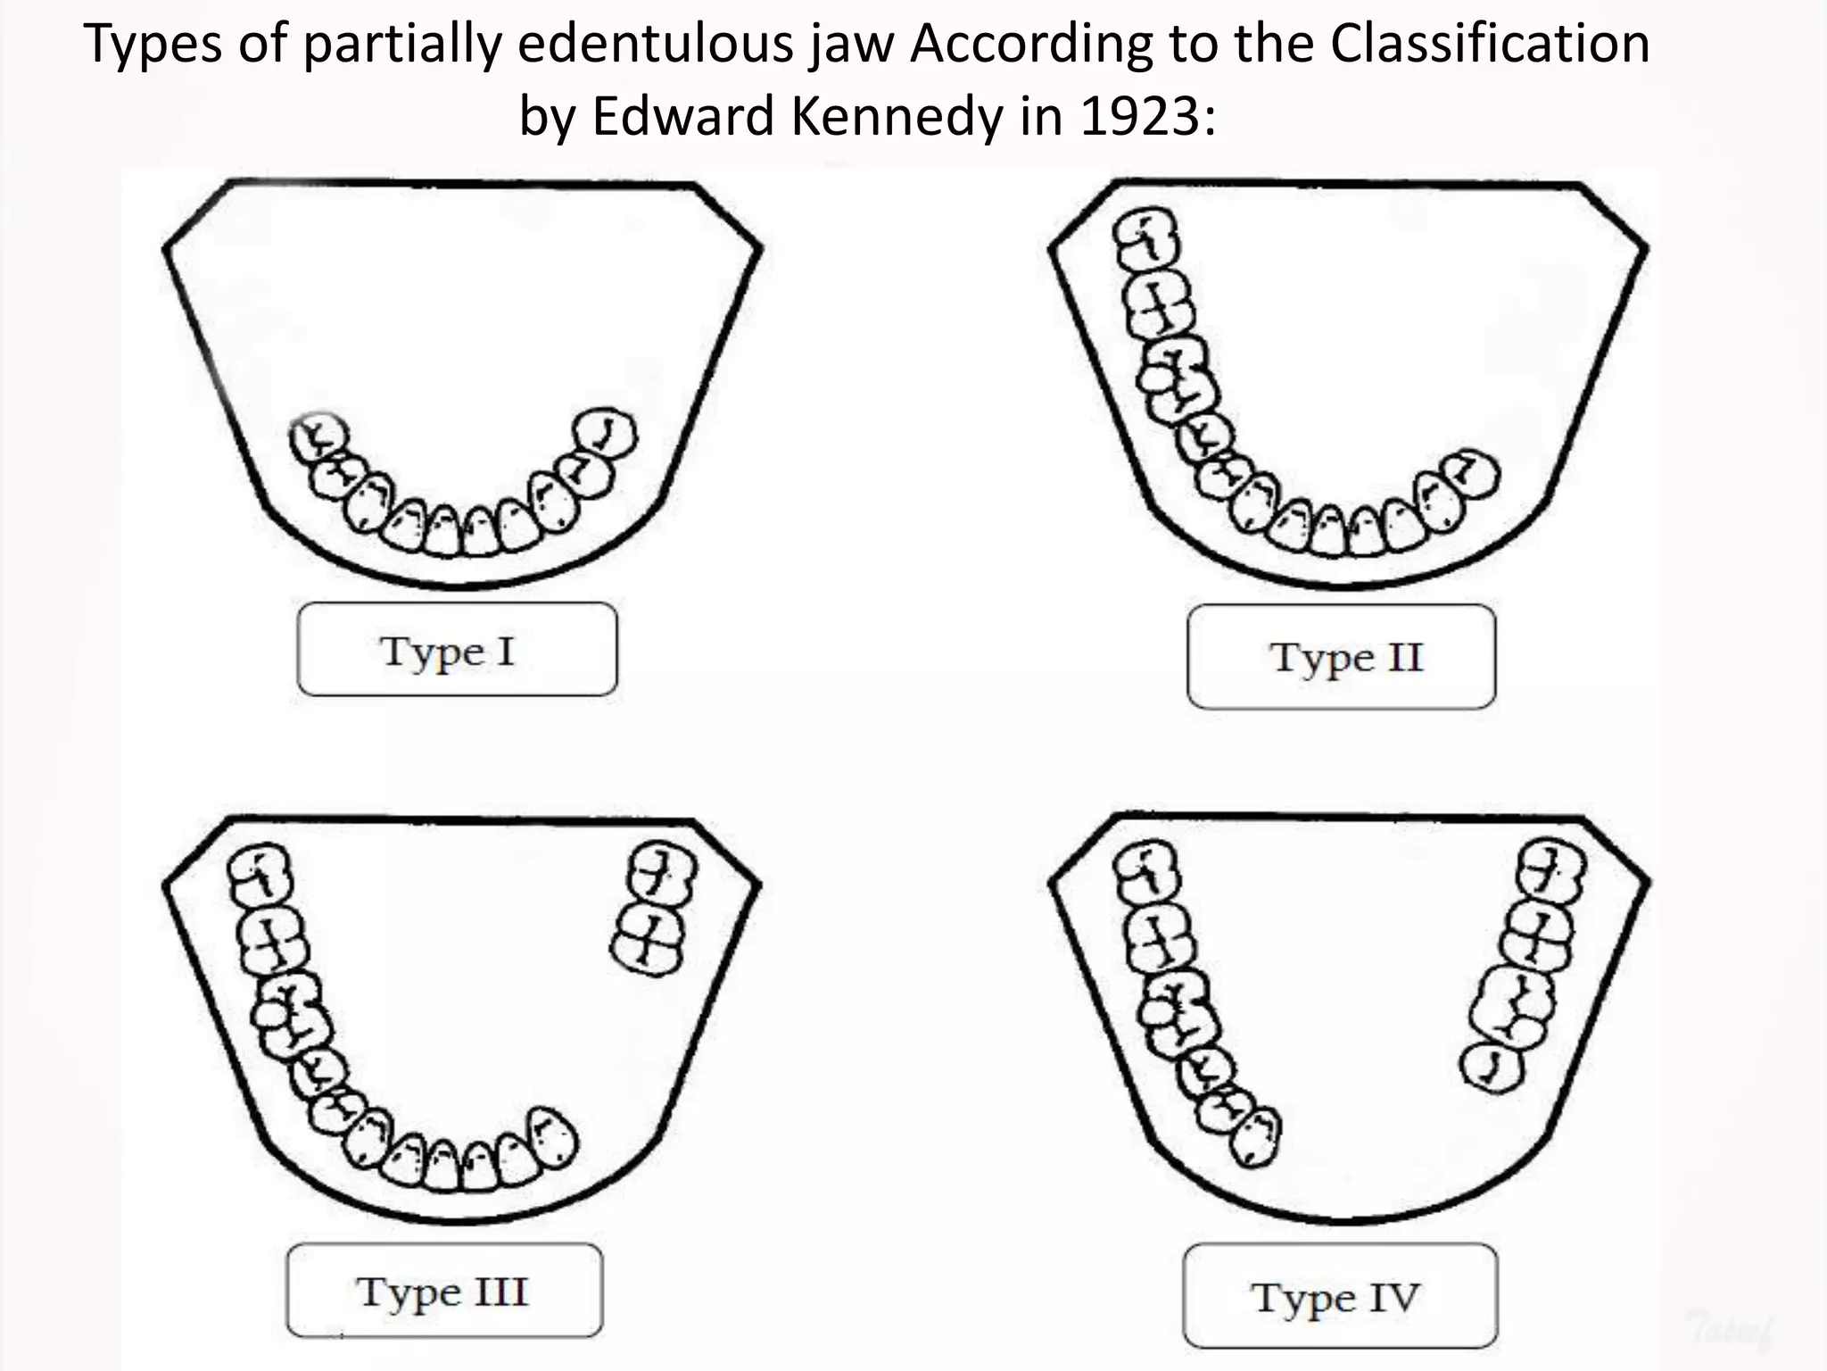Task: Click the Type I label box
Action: tap(457, 650)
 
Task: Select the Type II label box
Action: tap(1342, 657)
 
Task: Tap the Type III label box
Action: tap(444, 1291)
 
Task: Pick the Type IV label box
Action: tap(1340, 1296)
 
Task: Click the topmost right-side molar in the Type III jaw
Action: tap(663, 873)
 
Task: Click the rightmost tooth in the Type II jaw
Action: tap(1471, 473)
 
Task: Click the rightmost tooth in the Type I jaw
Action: tap(605, 433)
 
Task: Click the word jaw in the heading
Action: tap(852, 45)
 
